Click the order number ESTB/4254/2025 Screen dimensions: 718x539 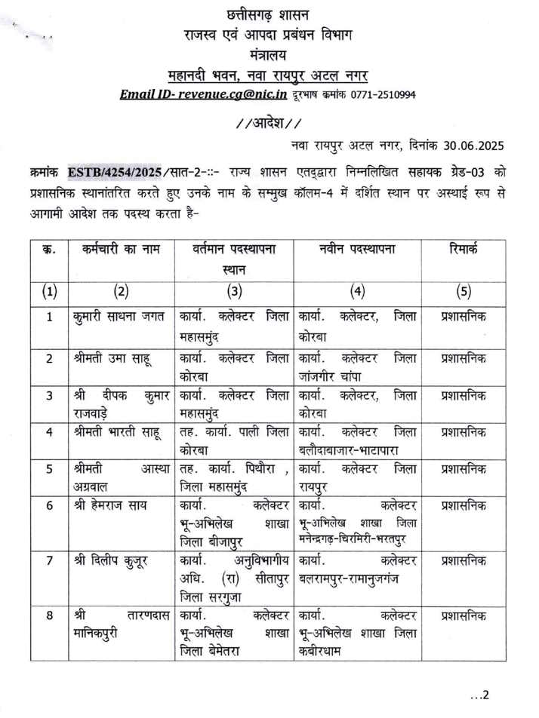tap(110, 171)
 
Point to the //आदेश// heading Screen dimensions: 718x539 tap(268, 121)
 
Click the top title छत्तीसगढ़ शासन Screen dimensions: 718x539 tap(268, 14)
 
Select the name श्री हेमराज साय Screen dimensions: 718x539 tap(109, 505)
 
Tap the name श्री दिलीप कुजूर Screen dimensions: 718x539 tap(110, 560)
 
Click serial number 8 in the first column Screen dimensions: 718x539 tap(49, 615)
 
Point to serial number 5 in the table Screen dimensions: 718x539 tap(49, 468)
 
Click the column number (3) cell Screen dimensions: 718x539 tap(234, 290)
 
